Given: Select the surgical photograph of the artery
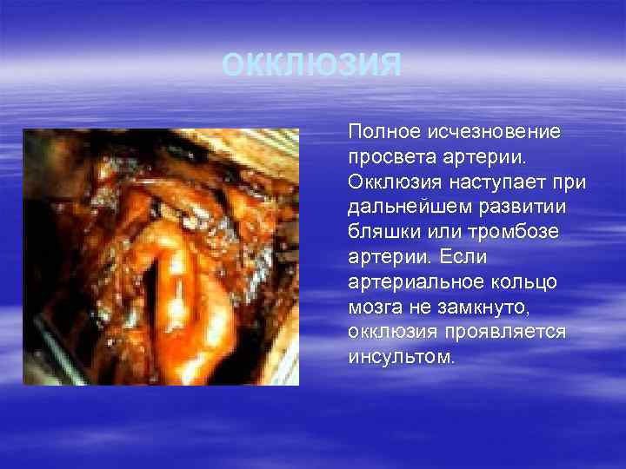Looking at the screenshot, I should (161, 257).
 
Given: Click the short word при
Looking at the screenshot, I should (571, 183).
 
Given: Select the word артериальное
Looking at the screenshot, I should (406, 282).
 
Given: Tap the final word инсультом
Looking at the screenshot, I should (399, 357).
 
